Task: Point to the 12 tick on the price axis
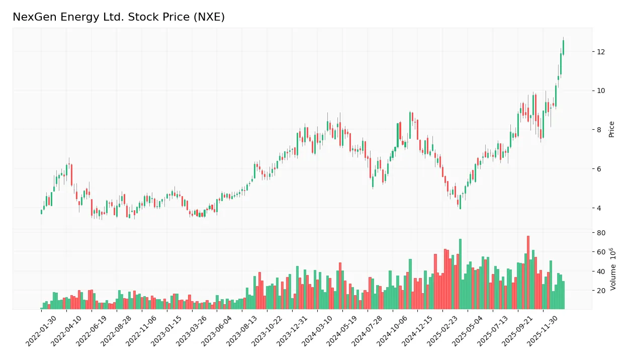(601, 52)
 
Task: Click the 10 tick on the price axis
(601, 91)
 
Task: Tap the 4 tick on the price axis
(599, 208)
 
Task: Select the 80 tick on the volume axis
(601, 233)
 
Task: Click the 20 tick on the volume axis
(601, 291)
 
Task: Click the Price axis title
(611, 129)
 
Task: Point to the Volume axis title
(612, 269)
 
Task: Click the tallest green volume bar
(460, 274)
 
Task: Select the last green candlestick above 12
(563, 47)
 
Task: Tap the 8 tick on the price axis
(599, 130)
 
